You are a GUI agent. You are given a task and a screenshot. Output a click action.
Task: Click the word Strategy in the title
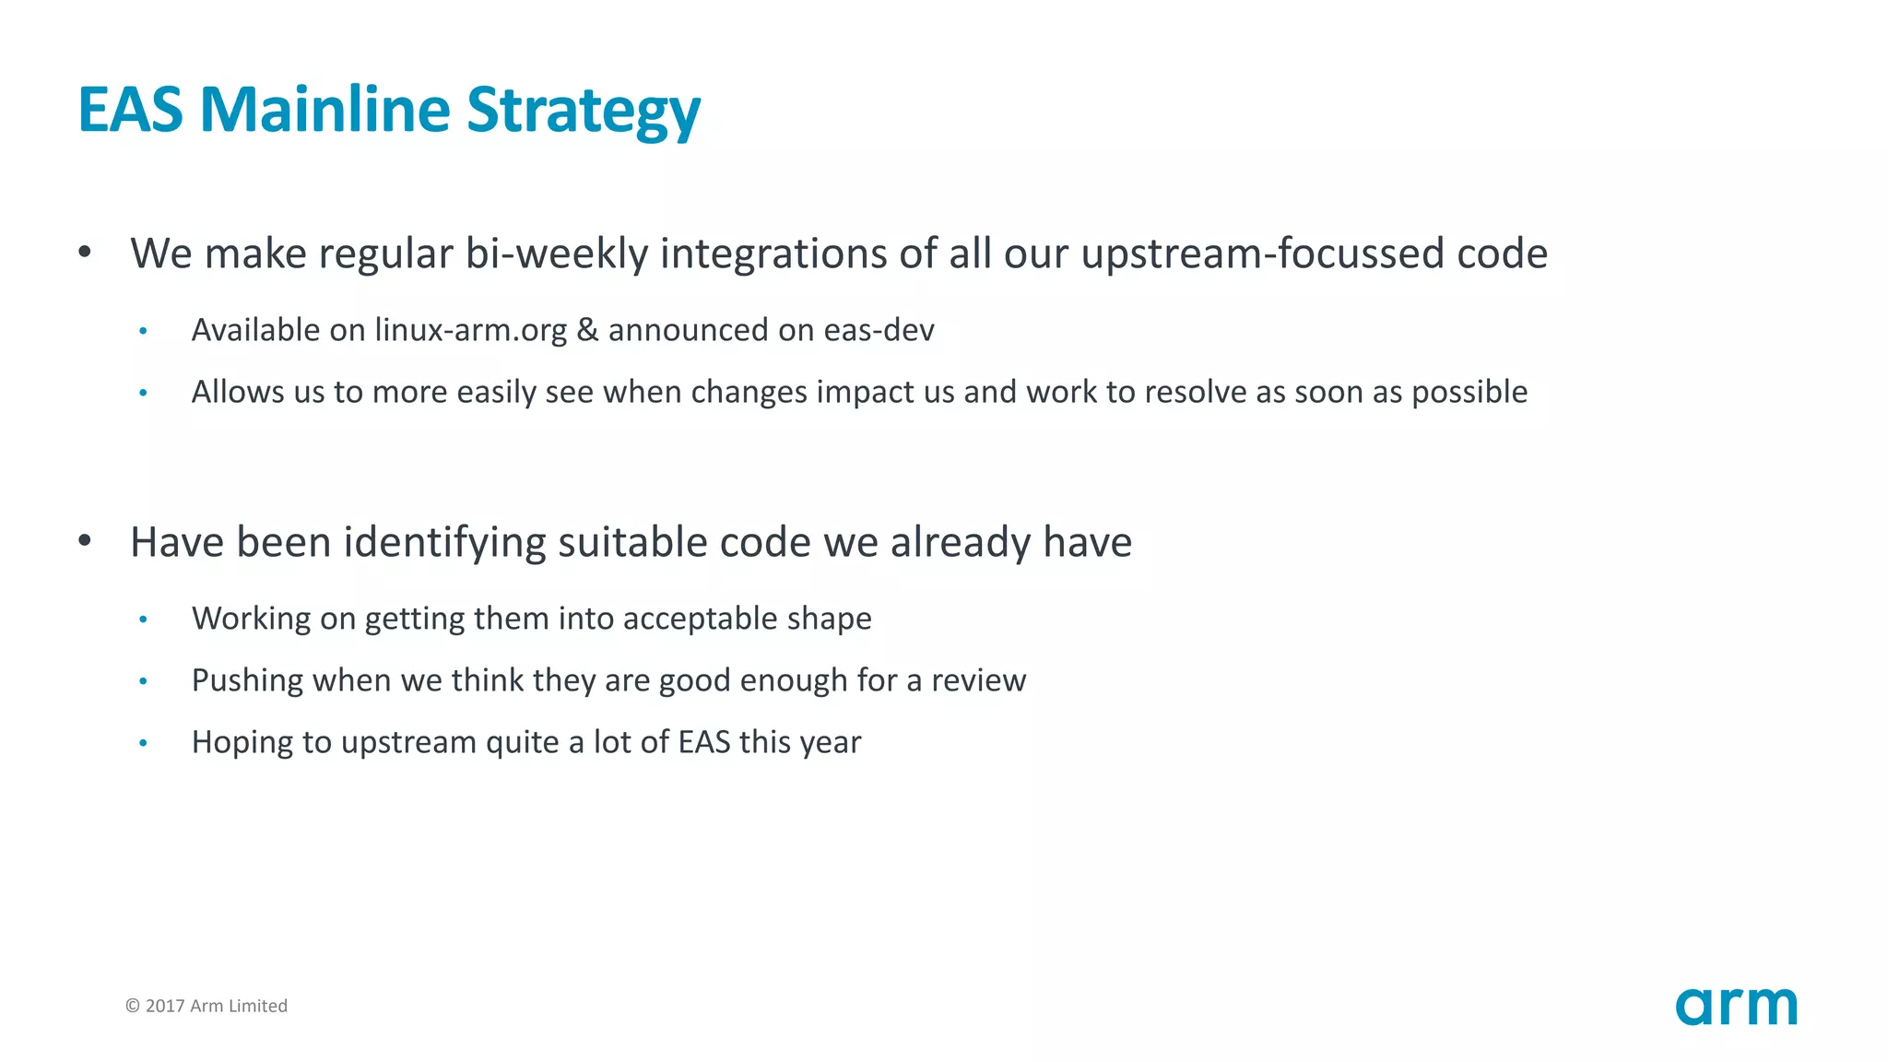pos(583,111)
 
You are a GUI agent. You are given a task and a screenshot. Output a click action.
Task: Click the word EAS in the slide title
pos(130,111)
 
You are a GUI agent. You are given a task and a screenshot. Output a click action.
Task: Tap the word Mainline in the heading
pos(324,111)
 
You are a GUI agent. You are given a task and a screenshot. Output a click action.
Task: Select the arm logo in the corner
pos(1736,1006)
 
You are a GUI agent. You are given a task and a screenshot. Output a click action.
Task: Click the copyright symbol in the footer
pos(133,1006)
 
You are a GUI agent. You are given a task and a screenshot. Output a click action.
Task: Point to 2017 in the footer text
pos(165,1006)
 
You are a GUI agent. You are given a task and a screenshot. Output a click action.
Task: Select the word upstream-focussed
pos(1262,254)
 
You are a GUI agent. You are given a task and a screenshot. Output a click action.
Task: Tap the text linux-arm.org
pos(470,330)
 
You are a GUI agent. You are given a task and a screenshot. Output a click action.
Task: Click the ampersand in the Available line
pos(587,330)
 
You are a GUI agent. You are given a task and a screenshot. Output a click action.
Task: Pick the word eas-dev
pos(879,330)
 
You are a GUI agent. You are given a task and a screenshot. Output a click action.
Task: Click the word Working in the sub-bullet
pos(251,619)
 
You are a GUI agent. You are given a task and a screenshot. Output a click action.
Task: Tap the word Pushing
pos(247,680)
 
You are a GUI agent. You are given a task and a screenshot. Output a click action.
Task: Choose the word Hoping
pos(242,742)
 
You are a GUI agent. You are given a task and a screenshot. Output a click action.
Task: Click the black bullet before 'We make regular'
pos(85,252)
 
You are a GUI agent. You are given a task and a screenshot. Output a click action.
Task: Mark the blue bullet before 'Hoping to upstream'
pos(143,743)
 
